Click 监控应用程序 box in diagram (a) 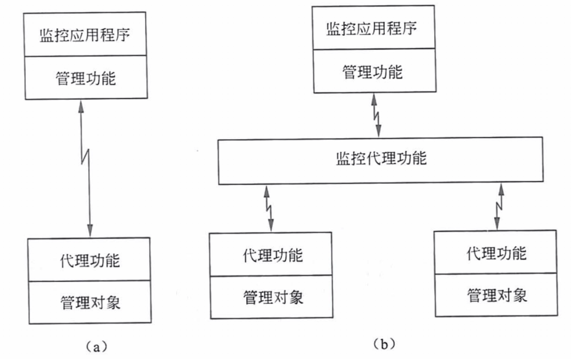(85, 35)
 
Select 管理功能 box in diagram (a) (86, 78)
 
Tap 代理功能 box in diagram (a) (89, 260)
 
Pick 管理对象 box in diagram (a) (90, 302)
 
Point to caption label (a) (96, 346)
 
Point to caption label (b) (384, 344)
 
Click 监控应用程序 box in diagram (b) (373, 28)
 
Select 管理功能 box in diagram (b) (374, 70)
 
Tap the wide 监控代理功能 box (381, 160)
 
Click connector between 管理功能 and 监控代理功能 (376, 115)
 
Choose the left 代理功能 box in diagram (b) (271, 254)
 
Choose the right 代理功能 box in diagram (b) (496, 253)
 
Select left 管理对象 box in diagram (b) (271, 297)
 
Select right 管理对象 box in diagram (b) (496, 295)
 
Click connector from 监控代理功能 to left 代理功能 (268, 208)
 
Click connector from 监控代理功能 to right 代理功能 (499, 206)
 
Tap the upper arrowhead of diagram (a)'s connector (81, 106)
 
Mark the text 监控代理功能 (381, 159)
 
